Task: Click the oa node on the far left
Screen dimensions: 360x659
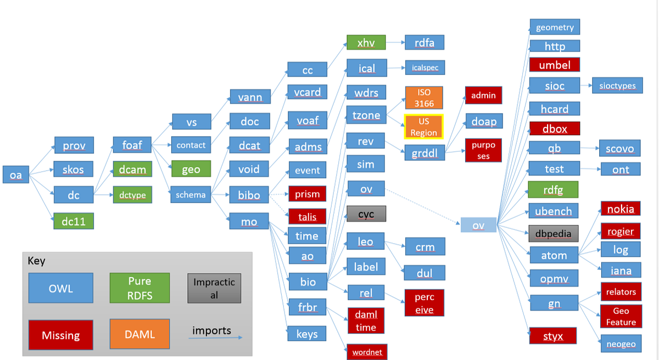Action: [16, 175]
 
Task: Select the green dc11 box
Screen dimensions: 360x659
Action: [74, 221]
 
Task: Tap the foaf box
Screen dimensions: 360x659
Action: [132, 145]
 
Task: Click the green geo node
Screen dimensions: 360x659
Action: [191, 169]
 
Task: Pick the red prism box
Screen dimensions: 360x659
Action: [307, 194]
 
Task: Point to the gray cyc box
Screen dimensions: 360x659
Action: [366, 214]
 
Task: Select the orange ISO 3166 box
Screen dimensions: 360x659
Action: [424, 98]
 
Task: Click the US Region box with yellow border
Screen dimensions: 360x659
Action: [423, 127]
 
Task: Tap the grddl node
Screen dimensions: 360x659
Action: [425, 154]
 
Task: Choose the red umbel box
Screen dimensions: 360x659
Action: [554, 65]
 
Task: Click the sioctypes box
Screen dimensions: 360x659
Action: [617, 86]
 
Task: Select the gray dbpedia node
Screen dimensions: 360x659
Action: [553, 233]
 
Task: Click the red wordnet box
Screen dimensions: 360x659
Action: [366, 351]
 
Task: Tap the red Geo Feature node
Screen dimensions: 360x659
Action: [621, 316]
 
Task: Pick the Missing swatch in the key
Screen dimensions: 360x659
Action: [61, 335]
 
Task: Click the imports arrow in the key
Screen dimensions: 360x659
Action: [216, 337]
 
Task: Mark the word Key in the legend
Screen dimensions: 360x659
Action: [36, 261]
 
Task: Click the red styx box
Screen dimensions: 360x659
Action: [553, 336]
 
